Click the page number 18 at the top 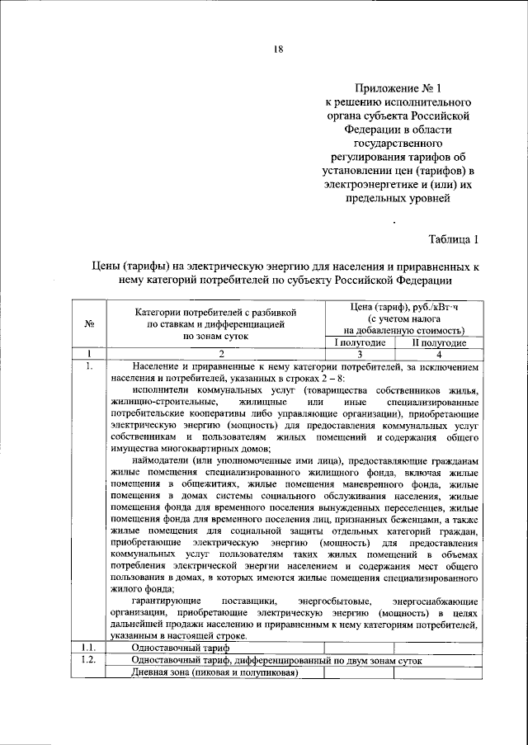pos(279,49)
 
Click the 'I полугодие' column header pos(360,342)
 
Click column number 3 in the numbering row pos(360,353)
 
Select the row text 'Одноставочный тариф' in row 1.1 pos(176,648)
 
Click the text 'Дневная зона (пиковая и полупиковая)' pos(214,673)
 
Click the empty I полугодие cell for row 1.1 pos(360,648)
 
